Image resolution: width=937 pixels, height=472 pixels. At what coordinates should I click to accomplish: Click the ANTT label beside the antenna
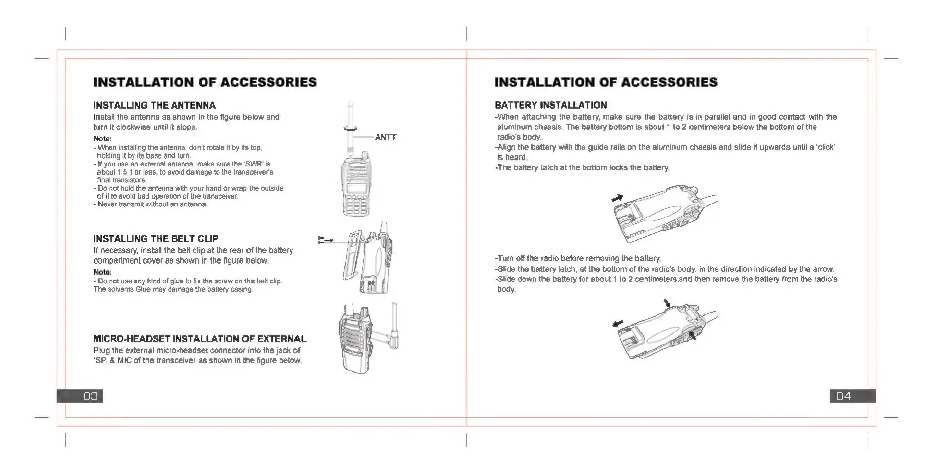[386, 137]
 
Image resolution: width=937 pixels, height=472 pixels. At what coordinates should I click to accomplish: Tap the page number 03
[90, 396]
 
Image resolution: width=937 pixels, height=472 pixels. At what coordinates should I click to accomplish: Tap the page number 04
[843, 396]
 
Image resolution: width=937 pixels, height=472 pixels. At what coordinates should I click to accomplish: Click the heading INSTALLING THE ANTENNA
[155, 106]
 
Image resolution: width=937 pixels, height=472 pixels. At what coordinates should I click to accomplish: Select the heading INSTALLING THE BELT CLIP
[156, 239]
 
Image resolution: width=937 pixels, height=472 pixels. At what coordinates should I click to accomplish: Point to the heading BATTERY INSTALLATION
[551, 105]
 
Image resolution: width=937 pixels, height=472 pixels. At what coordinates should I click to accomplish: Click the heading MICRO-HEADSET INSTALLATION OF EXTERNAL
[200, 339]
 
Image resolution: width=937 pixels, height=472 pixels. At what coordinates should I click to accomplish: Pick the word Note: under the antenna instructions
[103, 139]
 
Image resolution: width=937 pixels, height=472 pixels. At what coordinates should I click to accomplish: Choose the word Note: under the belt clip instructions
[103, 272]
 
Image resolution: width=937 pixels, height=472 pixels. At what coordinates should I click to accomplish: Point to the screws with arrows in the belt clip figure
[324, 240]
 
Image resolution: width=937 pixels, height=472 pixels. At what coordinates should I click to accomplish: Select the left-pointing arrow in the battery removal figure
[618, 324]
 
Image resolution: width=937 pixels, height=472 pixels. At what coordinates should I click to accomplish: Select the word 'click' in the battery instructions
[824, 147]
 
